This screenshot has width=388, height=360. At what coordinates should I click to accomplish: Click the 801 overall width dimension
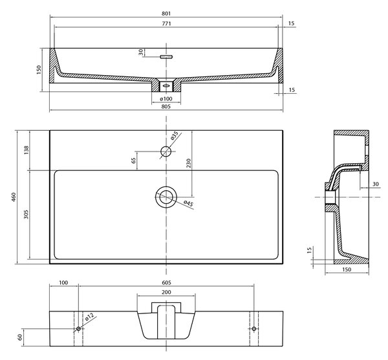tap(166, 14)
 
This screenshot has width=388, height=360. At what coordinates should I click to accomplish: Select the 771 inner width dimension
tap(167, 24)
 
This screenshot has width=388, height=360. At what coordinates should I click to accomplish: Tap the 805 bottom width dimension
tap(166, 107)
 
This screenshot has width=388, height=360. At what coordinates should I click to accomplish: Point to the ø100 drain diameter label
tap(166, 99)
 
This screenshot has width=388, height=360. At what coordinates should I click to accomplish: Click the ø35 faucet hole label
tap(175, 135)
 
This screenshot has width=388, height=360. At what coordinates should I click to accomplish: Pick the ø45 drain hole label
tap(188, 203)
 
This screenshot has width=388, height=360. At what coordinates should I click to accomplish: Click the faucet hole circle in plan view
tap(166, 151)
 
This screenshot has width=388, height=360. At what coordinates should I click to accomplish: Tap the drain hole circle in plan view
tap(166, 197)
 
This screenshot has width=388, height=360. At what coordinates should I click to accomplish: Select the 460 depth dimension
tap(14, 197)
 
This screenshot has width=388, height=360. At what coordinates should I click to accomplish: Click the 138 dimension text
tap(27, 150)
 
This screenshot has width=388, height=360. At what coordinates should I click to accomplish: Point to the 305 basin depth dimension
tap(27, 214)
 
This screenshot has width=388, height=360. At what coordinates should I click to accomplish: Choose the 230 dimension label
tap(189, 163)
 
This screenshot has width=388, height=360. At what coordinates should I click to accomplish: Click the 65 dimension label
tap(134, 161)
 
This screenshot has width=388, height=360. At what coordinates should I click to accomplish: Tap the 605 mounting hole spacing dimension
tap(167, 282)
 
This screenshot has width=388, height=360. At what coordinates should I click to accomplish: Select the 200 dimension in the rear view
tap(166, 293)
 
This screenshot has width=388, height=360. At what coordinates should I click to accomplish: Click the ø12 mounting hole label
tap(89, 317)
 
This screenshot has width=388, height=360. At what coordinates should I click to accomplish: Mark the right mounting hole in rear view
tap(254, 328)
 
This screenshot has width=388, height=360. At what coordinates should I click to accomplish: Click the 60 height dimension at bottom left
tap(20, 337)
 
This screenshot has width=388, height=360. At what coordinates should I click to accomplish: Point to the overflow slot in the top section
tap(166, 57)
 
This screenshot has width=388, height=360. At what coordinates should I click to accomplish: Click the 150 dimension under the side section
tap(347, 269)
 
